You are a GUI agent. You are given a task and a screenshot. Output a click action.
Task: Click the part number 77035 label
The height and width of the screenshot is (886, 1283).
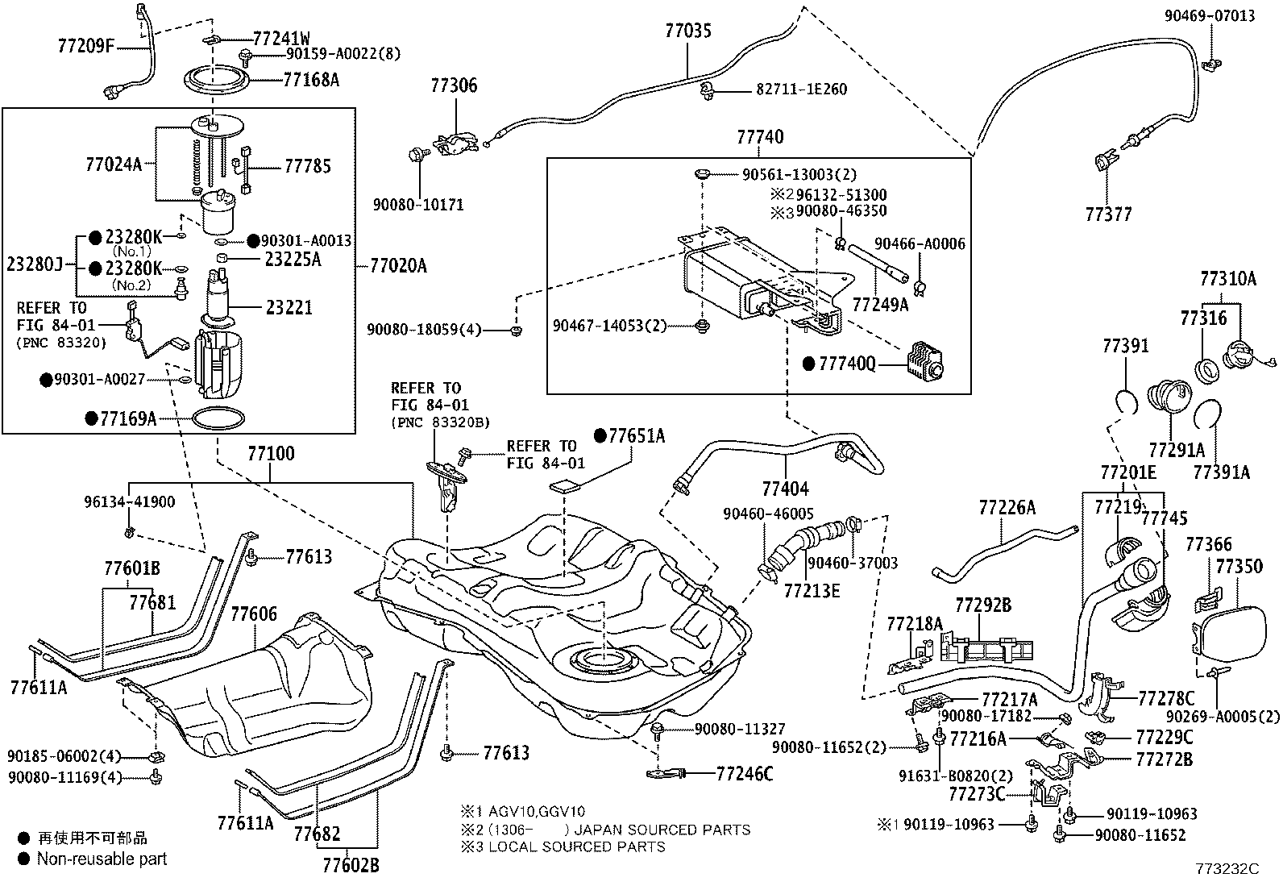tap(688, 31)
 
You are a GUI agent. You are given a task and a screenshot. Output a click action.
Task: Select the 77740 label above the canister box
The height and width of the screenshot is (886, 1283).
tap(759, 137)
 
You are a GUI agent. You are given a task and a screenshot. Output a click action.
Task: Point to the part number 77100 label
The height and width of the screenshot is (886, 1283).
tap(270, 454)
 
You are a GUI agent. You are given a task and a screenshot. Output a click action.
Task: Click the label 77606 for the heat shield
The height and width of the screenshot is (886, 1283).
tap(254, 614)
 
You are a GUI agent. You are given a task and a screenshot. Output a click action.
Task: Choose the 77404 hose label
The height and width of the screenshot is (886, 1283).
tap(785, 489)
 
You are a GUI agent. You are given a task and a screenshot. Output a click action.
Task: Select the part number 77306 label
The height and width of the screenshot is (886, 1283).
tap(453, 85)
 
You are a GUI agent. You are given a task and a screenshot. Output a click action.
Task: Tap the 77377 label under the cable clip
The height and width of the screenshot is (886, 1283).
tap(1108, 214)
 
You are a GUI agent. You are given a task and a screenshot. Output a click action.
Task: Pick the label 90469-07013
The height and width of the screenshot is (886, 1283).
tap(1210, 15)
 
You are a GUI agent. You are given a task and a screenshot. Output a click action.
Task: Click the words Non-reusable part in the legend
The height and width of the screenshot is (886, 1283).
tap(102, 859)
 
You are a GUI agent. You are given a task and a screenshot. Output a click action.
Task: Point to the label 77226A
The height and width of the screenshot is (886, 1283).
tap(1007, 507)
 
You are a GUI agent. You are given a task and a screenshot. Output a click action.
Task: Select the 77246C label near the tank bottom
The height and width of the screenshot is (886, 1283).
tap(744, 774)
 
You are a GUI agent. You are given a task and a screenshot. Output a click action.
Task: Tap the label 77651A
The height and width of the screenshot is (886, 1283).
tap(636, 436)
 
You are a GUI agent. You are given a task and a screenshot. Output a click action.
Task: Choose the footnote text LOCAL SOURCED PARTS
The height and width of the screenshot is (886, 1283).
tap(577, 846)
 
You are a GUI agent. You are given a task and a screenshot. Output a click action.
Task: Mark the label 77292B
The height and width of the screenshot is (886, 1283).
tap(983, 604)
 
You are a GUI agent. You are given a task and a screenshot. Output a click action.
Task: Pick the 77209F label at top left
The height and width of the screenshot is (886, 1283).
tap(86, 45)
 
